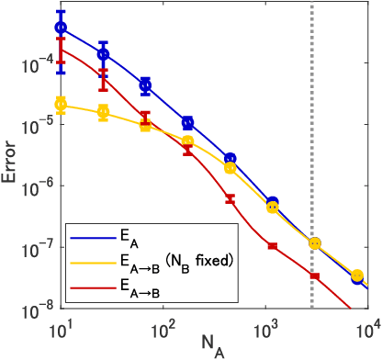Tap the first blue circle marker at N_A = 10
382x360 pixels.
(62, 28)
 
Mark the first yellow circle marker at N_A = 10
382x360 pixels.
(62, 104)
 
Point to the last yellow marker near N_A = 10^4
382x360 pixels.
(356, 275)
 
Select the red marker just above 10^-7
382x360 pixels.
(273, 245)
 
